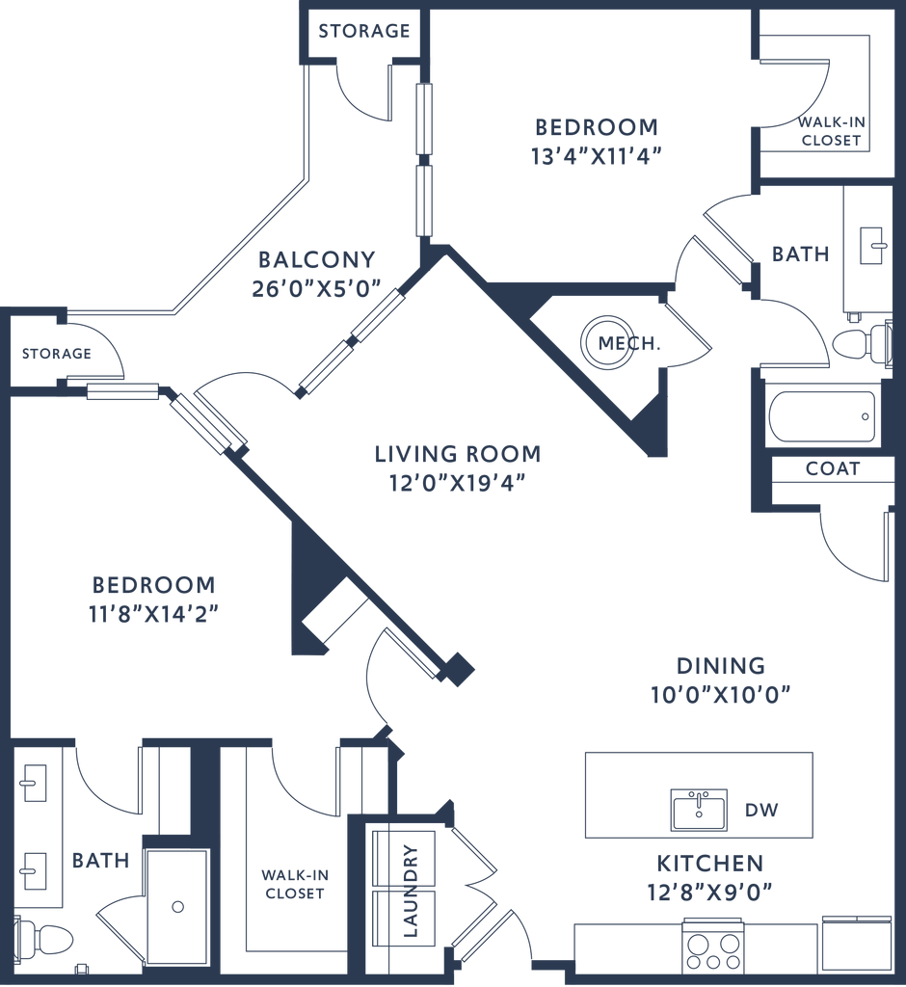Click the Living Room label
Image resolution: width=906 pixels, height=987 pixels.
tap(457, 453)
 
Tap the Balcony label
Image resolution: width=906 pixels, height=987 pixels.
tap(316, 259)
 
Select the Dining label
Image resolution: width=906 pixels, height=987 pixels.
tap(720, 665)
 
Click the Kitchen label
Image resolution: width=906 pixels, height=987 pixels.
tap(710, 863)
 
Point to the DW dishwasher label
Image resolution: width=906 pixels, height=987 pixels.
tap(760, 811)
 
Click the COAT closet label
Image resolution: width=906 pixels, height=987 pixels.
tap(833, 468)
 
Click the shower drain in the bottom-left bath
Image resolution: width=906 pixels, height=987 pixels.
tap(176, 906)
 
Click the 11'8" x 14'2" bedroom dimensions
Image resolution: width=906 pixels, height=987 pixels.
tap(154, 613)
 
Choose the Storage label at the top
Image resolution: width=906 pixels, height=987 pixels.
tap(364, 31)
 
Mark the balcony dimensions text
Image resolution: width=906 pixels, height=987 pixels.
tap(316, 287)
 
